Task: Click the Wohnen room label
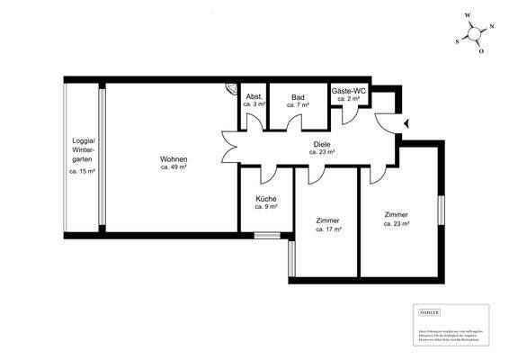coord(174,158)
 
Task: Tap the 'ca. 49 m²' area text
coord(174,167)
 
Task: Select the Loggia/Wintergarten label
coord(84,151)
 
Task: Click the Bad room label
coord(298,96)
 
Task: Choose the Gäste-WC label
coord(347,91)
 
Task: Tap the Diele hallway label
coord(322,144)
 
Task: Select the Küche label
coord(265,199)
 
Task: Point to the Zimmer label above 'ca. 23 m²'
coord(396,214)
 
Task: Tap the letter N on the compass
coord(492,27)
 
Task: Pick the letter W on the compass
coord(468,15)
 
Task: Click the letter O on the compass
coord(481,52)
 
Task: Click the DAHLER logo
coord(430,311)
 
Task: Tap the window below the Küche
coord(267,236)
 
